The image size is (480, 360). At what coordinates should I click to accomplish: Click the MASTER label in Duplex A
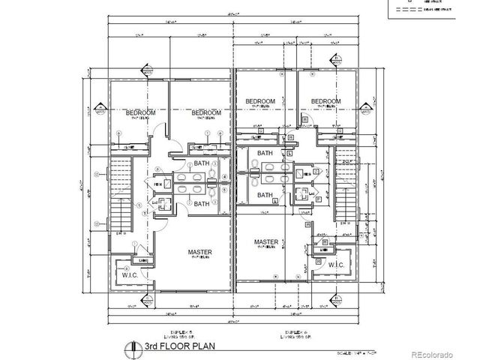[x=266, y=242]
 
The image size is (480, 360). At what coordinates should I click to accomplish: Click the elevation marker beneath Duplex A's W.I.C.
[x=335, y=298]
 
